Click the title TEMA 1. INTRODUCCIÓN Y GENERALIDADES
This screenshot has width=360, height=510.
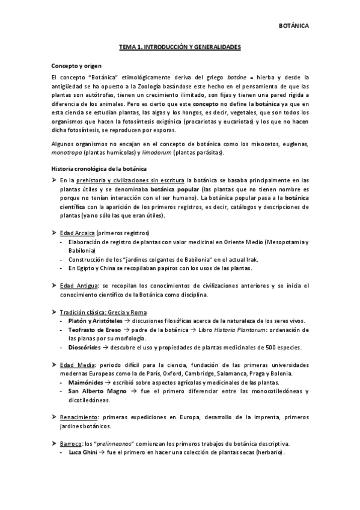[180, 46]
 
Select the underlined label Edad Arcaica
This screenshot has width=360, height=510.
[78, 232]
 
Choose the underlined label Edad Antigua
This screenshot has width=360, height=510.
[79, 285]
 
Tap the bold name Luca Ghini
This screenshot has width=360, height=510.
[84, 452]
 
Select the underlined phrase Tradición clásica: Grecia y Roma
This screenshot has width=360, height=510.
[103, 312]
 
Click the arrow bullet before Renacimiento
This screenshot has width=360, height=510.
[55, 417]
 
